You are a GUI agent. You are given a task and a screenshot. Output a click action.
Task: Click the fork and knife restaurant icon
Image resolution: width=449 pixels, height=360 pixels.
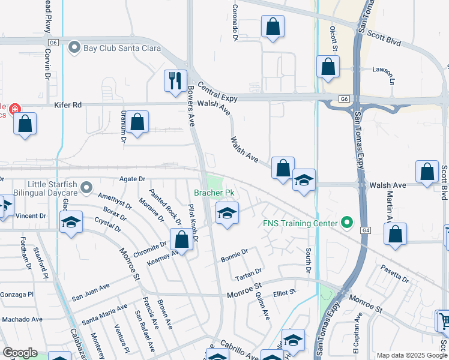pos(175,80)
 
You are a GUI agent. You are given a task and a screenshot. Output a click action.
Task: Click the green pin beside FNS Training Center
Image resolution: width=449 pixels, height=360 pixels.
pos(346,223)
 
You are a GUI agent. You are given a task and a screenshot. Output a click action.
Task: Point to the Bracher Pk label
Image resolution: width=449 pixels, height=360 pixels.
pos(213,193)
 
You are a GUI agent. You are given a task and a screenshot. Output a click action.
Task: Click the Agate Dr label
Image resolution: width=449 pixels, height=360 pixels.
pos(133,179)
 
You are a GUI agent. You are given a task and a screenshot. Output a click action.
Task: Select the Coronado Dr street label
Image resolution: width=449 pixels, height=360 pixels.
pos(236,25)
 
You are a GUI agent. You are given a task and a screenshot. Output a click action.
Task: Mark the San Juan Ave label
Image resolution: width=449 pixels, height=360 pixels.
pos(91,292)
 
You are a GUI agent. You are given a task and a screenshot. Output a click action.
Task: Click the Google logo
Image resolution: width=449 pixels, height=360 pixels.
pos(20,353)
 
